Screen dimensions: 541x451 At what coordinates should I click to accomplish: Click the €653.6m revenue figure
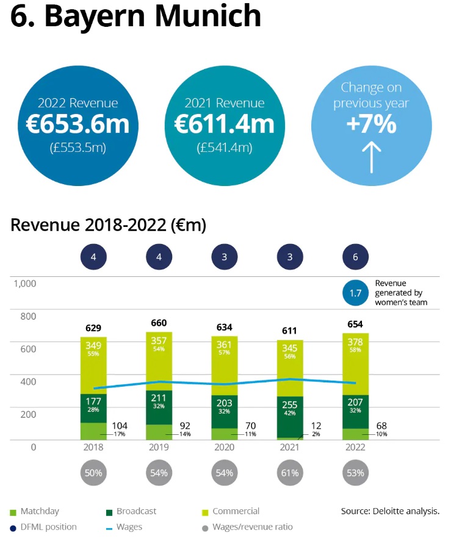[78, 124]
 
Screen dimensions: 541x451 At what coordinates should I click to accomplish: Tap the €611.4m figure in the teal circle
[224, 124]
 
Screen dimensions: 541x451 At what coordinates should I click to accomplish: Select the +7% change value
[371, 124]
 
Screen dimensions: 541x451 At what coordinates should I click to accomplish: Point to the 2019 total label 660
[159, 323]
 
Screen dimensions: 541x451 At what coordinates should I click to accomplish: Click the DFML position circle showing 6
[356, 257]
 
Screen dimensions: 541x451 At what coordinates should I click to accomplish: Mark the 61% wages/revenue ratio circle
[290, 473]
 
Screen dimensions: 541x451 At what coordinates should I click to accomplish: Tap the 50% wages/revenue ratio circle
[93, 473]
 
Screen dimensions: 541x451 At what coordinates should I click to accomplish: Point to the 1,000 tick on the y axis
[25, 284]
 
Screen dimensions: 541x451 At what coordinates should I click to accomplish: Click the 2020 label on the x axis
[225, 447]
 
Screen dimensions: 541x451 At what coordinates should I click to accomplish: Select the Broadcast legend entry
[136, 511]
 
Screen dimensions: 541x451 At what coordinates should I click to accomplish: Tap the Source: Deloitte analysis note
[390, 511]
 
